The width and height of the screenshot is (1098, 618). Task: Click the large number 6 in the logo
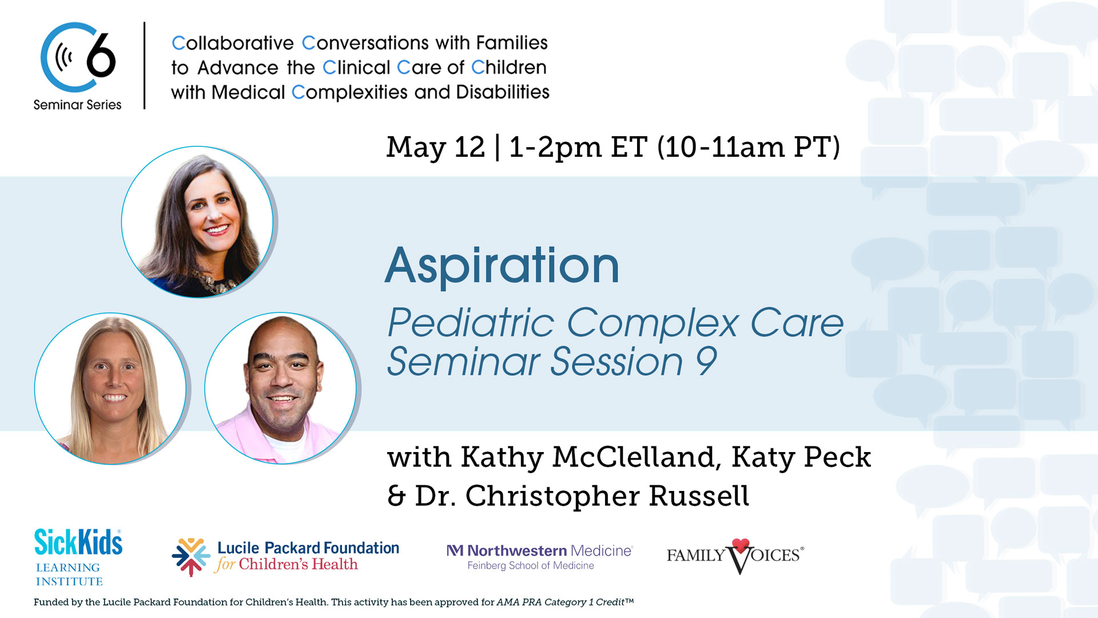tap(101, 56)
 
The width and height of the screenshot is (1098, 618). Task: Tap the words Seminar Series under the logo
tap(77, 105)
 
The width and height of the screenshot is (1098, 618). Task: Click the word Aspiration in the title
tap(502, 266)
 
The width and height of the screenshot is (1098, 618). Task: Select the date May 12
tap(435, 147)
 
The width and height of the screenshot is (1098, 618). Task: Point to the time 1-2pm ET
tap(578, 147)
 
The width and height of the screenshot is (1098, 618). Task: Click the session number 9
tap(706, 362)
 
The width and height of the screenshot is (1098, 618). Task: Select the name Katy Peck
tap(801, 457)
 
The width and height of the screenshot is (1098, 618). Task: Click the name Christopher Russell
tap(607, 496)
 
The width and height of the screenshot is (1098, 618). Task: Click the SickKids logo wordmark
tap(78, 542)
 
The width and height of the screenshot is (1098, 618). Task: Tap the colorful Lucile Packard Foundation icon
tap(191, 557)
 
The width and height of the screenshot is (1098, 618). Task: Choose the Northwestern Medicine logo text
tap(540, 550)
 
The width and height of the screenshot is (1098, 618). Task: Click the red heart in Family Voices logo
tap(741, 545)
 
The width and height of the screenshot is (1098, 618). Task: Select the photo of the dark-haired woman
tap(197, 222)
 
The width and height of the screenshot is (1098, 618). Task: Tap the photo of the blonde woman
tap(110, 389)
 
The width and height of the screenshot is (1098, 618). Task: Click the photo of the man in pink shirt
tap(280, 389)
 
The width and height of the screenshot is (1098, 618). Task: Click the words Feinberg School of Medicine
tap(531, 566)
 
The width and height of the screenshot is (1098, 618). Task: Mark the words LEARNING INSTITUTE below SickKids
tap(69, 575)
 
